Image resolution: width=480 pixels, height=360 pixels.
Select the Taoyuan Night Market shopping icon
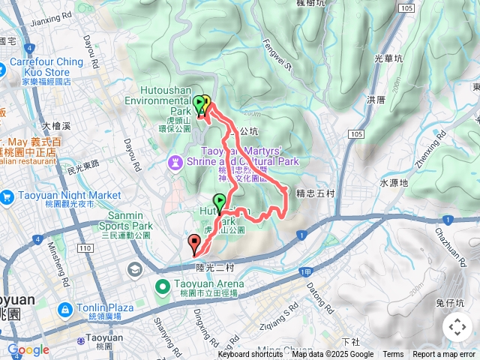point(7,196)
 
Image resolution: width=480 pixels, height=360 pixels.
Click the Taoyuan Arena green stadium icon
point(162,286)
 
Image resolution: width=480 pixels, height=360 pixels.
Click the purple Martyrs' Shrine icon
point(174,161)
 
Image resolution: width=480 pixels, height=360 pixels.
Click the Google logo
point(28,349)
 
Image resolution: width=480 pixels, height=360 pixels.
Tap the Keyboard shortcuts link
point(250,355)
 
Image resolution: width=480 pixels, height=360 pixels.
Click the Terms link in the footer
point(393,355)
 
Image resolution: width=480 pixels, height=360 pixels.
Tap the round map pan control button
point(457,327)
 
